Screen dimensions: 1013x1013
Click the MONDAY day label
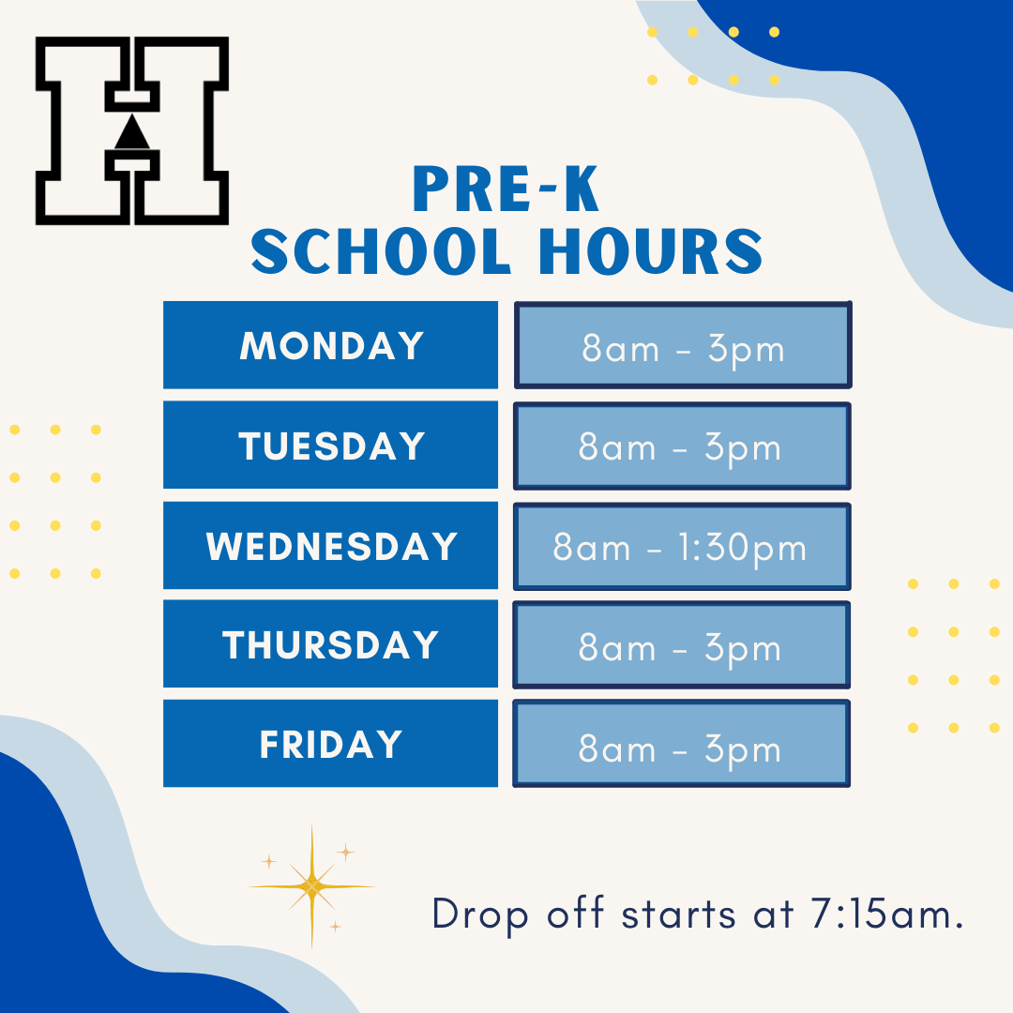click(x=330, y=345)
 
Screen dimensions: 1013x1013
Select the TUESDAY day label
click(x=330, y=445)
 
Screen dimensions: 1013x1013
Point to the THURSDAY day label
click(x=330, y=643)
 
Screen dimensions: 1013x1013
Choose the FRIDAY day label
click(x=330, y=743)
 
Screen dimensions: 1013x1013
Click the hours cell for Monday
click(x=683, y=345)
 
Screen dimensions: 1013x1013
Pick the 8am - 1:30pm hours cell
click(x=682, y=547)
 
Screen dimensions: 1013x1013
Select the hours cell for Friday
click(x=682, y=744)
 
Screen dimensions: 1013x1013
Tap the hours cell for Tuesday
click(x=682, y=446)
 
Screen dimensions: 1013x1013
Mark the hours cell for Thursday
click(x=682, y=644)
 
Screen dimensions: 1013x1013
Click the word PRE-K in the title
click(x=506, y=189)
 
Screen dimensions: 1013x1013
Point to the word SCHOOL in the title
click(x=381, y=251)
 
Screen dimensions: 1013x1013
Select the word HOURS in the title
click(x=651, y=251)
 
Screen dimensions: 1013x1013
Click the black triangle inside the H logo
click(x=132, y=133)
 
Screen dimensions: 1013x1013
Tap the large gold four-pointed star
click(x=312, y=886)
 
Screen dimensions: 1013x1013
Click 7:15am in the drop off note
click(x=887, y=915)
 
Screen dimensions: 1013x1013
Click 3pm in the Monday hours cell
click(x=747, y=350)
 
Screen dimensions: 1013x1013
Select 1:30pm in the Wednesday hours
click(x=742, y=549)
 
